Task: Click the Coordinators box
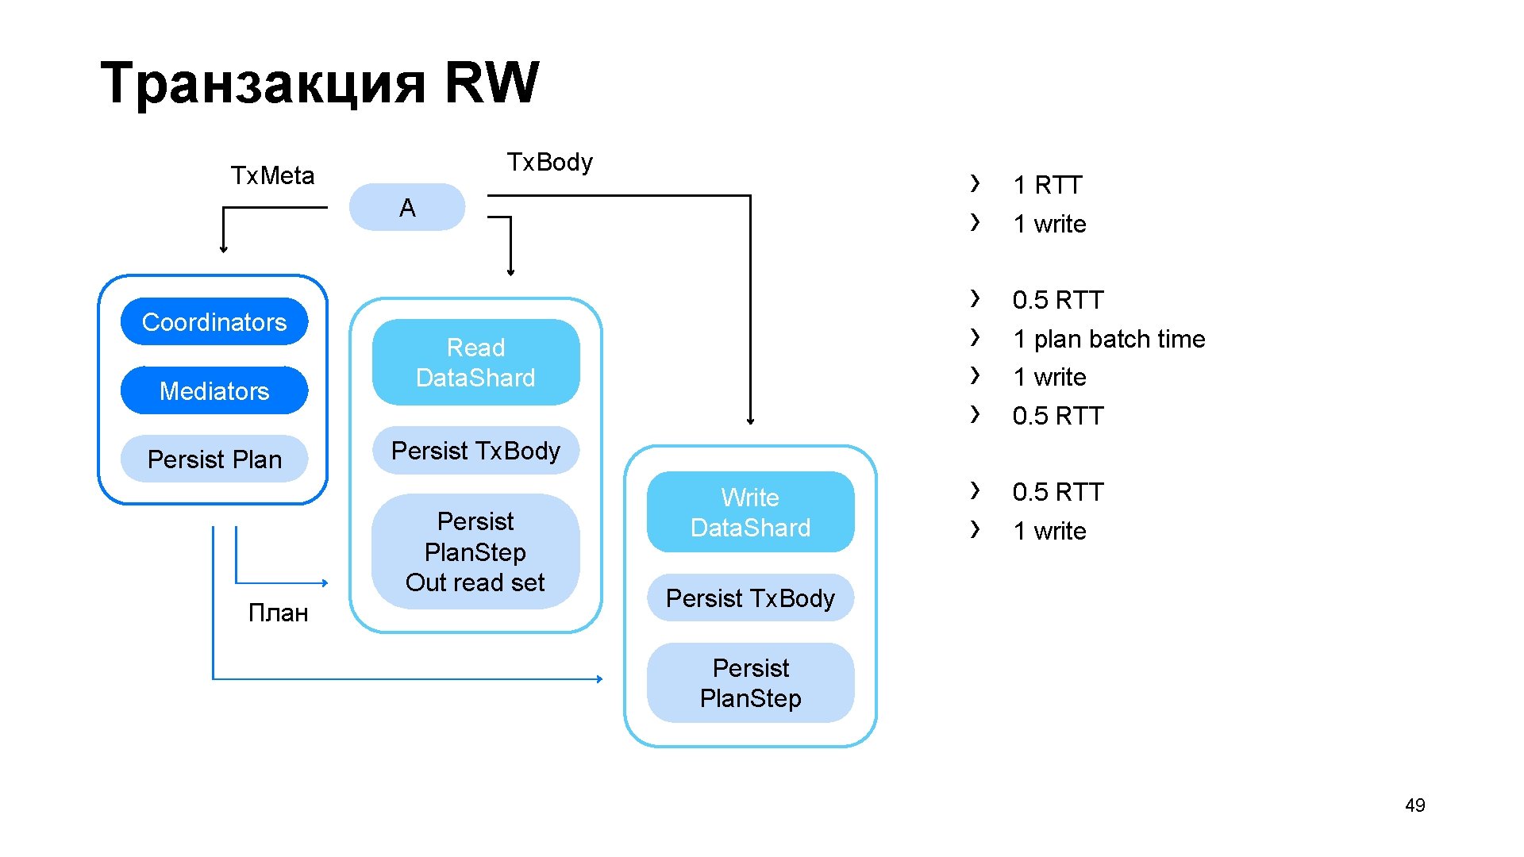point(214,322)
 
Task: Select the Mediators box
point(214,390)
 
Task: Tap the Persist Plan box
point(214,459)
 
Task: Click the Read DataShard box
point(475,363)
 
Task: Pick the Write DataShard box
point(750,513)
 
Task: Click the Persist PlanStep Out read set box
point(475,551)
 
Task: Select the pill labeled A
point(407,208)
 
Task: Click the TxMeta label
point(272,175)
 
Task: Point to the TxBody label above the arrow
point(549,162)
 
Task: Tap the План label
point(278,613)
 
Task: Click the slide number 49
point(1414,805)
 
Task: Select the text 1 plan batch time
point(1109,339)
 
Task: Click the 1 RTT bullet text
point(1047,185)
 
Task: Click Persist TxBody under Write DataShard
point(750,598)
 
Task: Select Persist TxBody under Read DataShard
point(475,451)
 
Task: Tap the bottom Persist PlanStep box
point(750,682)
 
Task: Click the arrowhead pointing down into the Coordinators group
point(224,248)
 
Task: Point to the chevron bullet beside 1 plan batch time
point(975,337)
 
